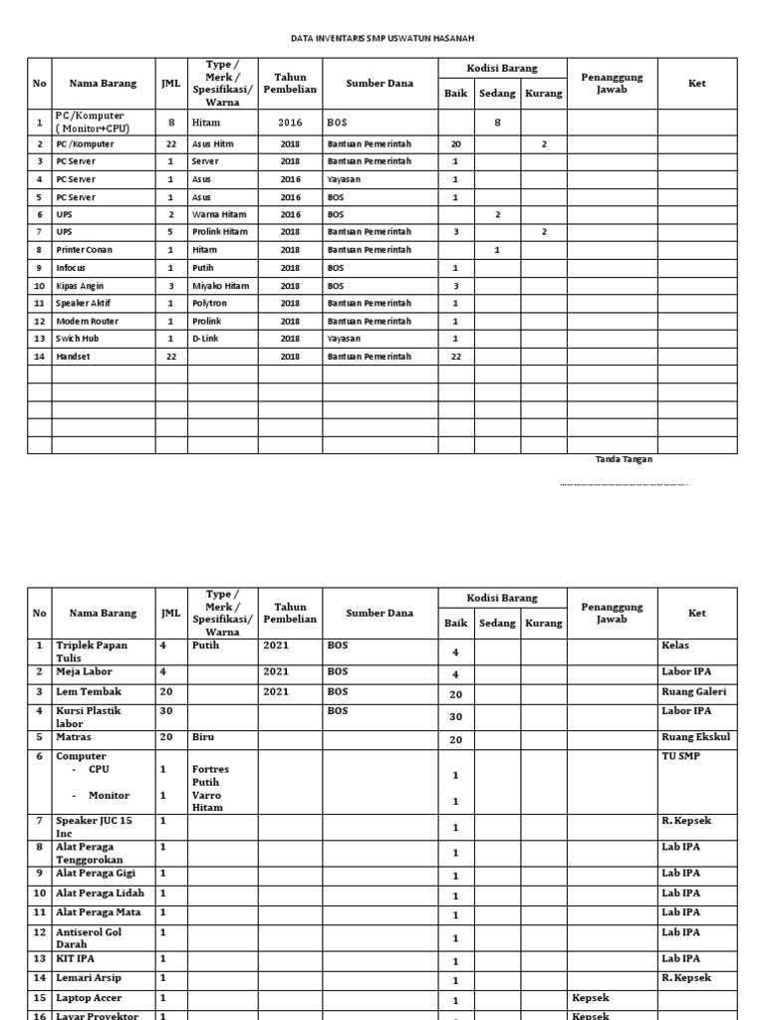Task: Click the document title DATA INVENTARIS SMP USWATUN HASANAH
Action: coord(382,38)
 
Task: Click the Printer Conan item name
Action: coord(85,250)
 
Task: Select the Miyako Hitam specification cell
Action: coord(220,286)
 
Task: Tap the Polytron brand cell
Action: coord(208,303)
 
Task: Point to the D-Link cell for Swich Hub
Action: coord(205,339)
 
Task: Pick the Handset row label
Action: coord(75,357)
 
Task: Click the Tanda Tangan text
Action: coord(624,459)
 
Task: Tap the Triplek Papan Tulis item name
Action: coord(92,651)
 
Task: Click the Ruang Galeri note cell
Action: coord(694,691)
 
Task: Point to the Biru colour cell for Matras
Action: coord(203,738)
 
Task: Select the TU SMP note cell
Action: coord(682,756)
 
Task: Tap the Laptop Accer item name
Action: coord(90,997)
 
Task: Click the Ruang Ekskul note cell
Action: coord(695,738)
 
